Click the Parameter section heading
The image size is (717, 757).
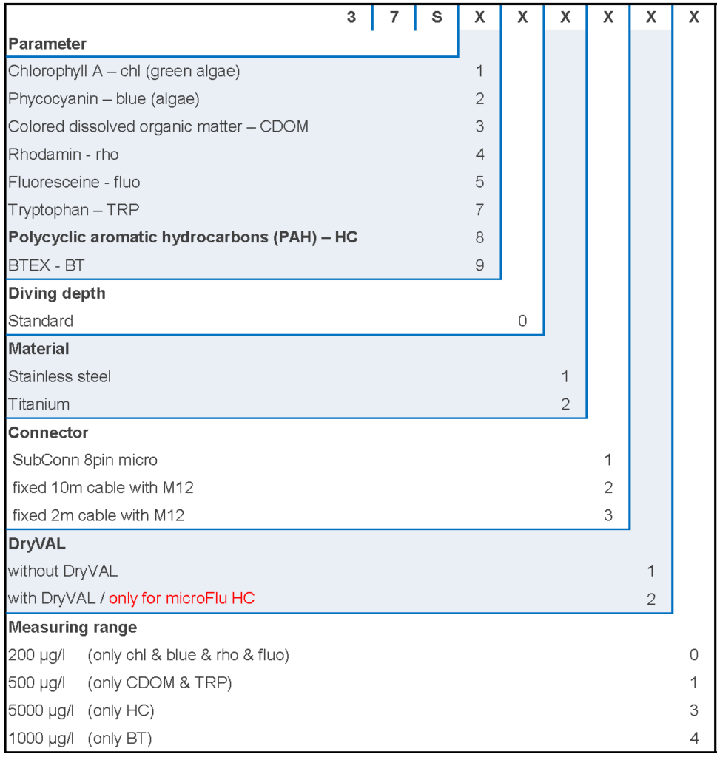[47, 44]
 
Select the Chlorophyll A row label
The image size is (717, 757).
[124, 71]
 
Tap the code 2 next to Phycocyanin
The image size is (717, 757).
[479, 99]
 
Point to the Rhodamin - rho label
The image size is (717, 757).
[63, 155]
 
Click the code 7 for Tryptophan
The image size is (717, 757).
[479, 210]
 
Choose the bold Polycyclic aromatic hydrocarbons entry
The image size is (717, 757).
[183, 237]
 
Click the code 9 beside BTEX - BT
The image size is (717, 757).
[479, 265]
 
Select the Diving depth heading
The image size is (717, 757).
[57, 293]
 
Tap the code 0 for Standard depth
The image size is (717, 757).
[522, 321]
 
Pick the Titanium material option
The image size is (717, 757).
[38, 404]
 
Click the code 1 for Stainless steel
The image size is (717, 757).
[565, 376]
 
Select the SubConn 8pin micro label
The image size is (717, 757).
[85, 460]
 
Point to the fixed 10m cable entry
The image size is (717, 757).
[103, 488]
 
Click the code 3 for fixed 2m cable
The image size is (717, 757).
[608, 515]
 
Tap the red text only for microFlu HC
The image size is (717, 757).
[181, 598]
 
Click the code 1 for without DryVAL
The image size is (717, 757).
[651, 571]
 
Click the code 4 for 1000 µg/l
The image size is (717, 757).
[693, 738]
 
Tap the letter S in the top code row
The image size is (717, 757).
[437, 17]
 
